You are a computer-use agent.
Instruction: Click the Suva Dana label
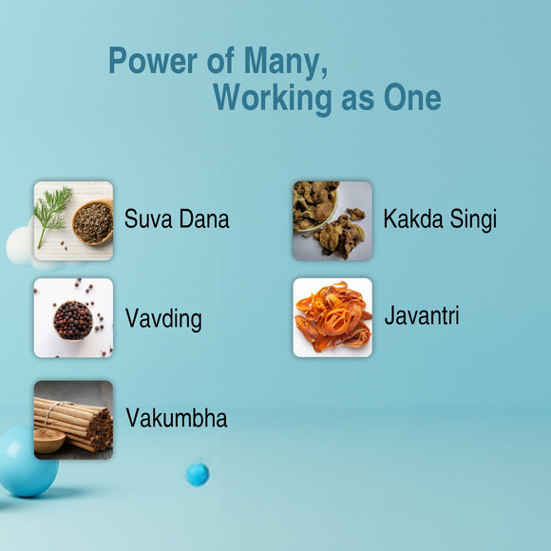pos(177,219)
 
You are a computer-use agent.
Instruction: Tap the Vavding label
pos(163,318)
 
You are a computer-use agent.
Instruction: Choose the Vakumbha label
pos(177,418)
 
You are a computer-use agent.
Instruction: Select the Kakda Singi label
pos(440,219)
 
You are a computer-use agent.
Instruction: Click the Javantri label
pos(422,315)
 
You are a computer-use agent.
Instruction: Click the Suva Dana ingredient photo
pos(73,220)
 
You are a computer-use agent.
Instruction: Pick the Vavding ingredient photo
pos(73,317)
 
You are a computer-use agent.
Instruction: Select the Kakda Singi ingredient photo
pos(332,220)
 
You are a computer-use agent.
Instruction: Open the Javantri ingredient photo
pos(332,317)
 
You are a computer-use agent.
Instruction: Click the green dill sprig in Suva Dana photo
pos(52,211)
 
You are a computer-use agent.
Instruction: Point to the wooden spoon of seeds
pos(92,222)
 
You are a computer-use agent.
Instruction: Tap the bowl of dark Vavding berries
pos(73,320)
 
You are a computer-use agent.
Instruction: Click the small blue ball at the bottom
pos(197,473)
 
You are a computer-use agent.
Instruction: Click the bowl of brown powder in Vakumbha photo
pos(48,440)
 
